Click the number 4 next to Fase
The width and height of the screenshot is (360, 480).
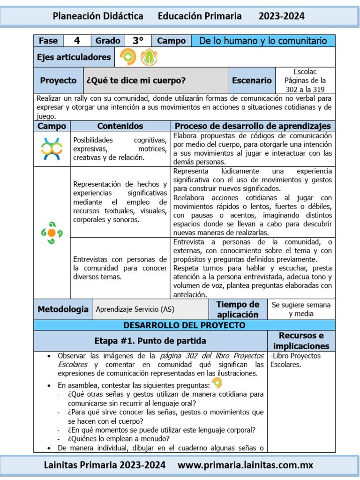77,41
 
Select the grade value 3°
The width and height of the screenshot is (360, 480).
138,41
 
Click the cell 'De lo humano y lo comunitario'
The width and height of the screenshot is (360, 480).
263,41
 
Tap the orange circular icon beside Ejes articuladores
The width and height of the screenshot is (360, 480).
128,57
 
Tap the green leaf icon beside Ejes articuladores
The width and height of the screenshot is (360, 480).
149,57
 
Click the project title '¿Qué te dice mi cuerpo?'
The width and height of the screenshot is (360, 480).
136,81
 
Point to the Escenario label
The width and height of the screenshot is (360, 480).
252,81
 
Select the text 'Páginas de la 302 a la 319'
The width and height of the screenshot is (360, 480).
305,85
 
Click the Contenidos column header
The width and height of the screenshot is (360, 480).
120,126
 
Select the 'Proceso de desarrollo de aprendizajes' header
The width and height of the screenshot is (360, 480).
253,126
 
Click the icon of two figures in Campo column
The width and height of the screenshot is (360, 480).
52,149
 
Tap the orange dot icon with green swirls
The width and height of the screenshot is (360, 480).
52,232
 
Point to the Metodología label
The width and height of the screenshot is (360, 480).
63,309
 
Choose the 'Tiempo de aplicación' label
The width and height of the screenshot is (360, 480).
238,309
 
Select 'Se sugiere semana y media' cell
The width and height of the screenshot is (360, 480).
301,309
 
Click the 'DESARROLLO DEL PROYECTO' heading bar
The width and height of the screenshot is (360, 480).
184,325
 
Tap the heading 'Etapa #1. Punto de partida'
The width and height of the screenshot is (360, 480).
150,341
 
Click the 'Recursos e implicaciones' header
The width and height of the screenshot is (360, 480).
301,341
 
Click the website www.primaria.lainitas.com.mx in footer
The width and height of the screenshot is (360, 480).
246,465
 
